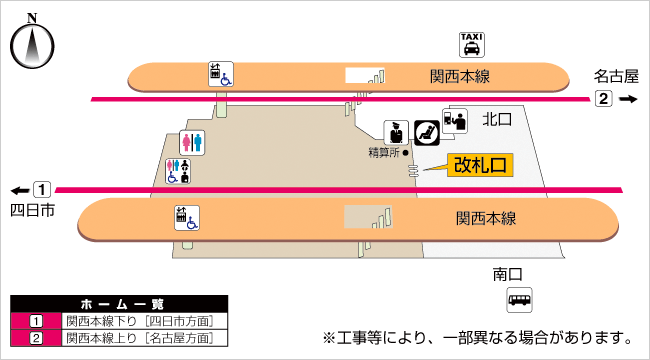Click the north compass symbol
31,45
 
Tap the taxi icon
472,44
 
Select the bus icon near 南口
519,298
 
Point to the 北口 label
496,119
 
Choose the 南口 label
508,273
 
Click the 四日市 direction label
31,210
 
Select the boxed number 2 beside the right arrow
603,99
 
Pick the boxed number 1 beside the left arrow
41,189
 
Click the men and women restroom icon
193,143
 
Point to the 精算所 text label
383,152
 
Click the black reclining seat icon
426,132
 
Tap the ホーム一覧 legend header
119,303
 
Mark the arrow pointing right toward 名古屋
627,99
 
